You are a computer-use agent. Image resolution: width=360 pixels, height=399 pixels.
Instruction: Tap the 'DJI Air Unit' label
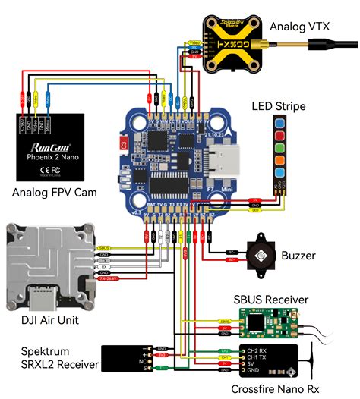point(46,319)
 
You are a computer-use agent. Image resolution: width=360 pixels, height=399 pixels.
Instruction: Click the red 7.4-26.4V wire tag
point(109,278)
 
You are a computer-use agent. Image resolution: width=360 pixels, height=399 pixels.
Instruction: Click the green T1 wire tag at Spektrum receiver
point(161,368)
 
